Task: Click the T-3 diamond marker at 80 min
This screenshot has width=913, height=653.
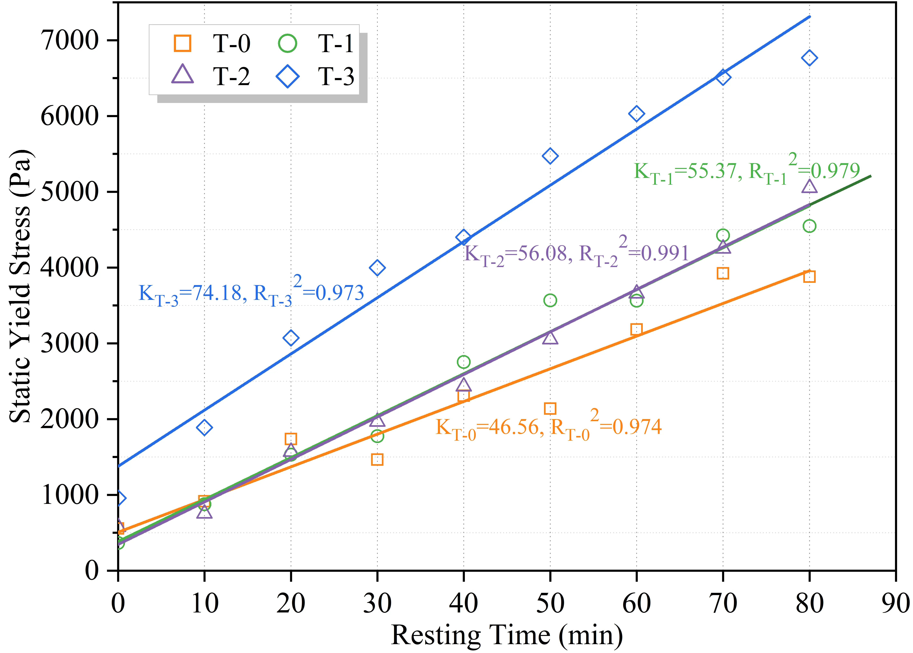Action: pyautogui.click(x=809, y=58)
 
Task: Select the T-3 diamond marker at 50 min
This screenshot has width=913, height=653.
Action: pyautogui.click(x=550, y=156)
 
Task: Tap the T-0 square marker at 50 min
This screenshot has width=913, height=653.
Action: pyautogui.click(x=550, y=408)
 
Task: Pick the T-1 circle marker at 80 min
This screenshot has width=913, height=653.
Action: pyautogui.click(x=809, y=226)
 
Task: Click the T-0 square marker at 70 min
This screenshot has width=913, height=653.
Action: pyautogui.click(x=722, y=273)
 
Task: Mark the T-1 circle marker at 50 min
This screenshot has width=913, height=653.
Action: pyautogui.click(x=550, y=300)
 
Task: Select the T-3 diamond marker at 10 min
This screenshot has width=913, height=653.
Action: pyautogui.click(x=204, y=427)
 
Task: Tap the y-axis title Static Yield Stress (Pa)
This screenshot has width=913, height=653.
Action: pyautogui.click(x=20, y=286)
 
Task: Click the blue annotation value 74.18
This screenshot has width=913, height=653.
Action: pyautogui.click(x=217, y=293)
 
